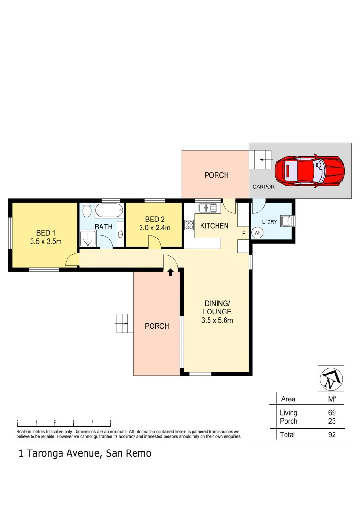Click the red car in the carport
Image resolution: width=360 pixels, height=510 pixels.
click(x=310, y=171)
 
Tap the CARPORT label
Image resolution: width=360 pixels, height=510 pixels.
click(x=265, y=187)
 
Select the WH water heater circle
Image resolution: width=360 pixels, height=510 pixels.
click(x=258, y=232)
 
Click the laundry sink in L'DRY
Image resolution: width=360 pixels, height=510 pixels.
click(x=285, y=221)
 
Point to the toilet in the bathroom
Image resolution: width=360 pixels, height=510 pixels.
click(x=86, y=209)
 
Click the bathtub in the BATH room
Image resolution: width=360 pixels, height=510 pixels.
click(x=108, y=210)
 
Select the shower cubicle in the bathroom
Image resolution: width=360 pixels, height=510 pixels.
click(x=88, y=238)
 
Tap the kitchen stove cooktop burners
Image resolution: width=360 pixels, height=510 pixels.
click(x=189, y=225)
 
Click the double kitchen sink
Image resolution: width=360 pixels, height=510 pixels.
click(x=207, y=207)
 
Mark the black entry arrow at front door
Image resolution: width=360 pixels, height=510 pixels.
click(x=170, y=272)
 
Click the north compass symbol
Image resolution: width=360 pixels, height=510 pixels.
click(x=331, y=379)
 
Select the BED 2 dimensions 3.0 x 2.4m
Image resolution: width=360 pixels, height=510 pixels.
click(x=154, y=228)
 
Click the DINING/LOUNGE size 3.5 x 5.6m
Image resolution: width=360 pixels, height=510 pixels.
click(x=217, y=321)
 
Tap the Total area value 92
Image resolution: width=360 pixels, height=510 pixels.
click(x=332, y=435)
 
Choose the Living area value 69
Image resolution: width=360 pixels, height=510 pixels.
click(x=332, y=413)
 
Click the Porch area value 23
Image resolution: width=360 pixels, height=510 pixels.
click(x=332, y=421)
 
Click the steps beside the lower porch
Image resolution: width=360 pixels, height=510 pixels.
click(x=122, y=323)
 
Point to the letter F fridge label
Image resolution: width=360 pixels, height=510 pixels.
click(x=244, y=233)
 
